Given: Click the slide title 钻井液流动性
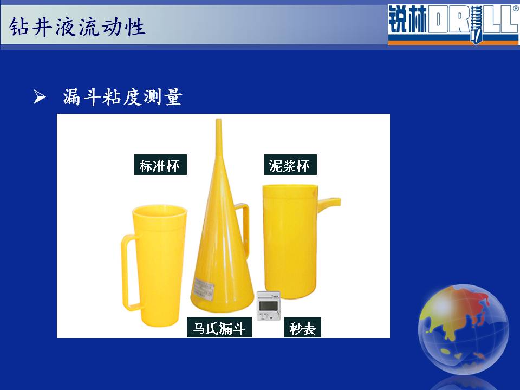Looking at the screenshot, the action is (77, 27).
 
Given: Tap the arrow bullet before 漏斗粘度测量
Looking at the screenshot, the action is (40, 97).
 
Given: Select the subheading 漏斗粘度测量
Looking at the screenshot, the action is (122, 97).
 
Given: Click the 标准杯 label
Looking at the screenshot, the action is (160, 165).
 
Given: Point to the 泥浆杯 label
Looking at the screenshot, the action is (290, 165).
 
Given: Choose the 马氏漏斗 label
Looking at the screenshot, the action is (219, 328).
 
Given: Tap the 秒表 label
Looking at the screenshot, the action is (302, 328).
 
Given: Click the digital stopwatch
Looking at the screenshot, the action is (269, 305).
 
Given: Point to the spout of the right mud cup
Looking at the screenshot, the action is (329, 201).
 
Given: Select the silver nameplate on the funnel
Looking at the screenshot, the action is (203, 288).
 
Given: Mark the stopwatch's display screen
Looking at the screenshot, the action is (268, 305).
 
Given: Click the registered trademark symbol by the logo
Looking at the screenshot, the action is (516, 9).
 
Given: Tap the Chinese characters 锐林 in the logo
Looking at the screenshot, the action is (407, 20).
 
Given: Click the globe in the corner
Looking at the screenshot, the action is (463, 329).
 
